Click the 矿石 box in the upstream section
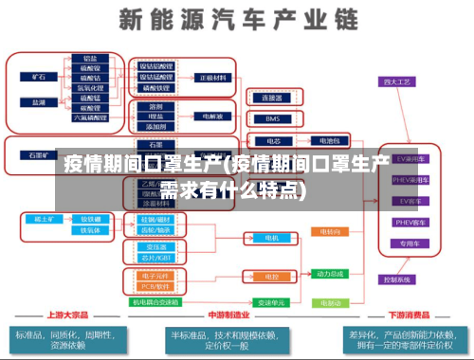click(x=38, y=75)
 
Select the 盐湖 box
click(x=38, y=100)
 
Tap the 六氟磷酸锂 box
click(x=90, y=118)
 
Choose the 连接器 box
click(x=271, y=97)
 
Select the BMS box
click(x=271, y=119)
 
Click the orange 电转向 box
click(x=331, y=230)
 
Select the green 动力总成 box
click(x=331, y=273)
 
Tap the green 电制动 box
click(x=331, y=302)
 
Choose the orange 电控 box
click(x=270, y=276)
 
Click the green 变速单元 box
click(x=272, y=302)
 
